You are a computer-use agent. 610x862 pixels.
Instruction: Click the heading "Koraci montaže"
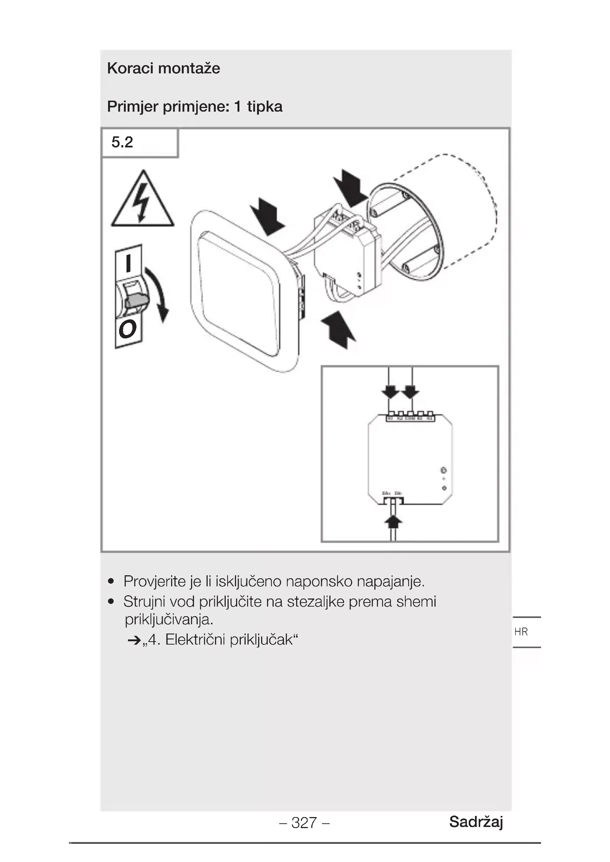(x=163, y=68)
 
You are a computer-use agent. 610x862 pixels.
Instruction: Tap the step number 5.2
(x=122, y=142)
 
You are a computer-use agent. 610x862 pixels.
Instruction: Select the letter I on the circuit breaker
(x=128, y=263)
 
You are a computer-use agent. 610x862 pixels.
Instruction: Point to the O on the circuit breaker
(x=127, y=329)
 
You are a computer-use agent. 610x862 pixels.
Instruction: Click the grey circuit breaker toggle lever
(x=137, y=301)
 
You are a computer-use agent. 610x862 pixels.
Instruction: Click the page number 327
(x=304, y=823)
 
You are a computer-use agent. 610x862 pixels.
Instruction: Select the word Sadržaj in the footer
(x=476, y=821)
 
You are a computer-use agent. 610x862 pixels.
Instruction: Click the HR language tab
(x=521, y=632)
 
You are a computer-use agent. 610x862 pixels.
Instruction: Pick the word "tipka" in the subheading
(x=264, y=107)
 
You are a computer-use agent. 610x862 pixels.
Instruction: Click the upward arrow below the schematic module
(x=393, y=521)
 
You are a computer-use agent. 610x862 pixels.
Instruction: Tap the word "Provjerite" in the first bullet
(x=155, y=582)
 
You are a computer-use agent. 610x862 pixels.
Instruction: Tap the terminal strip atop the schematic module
(x=410, y=418)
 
